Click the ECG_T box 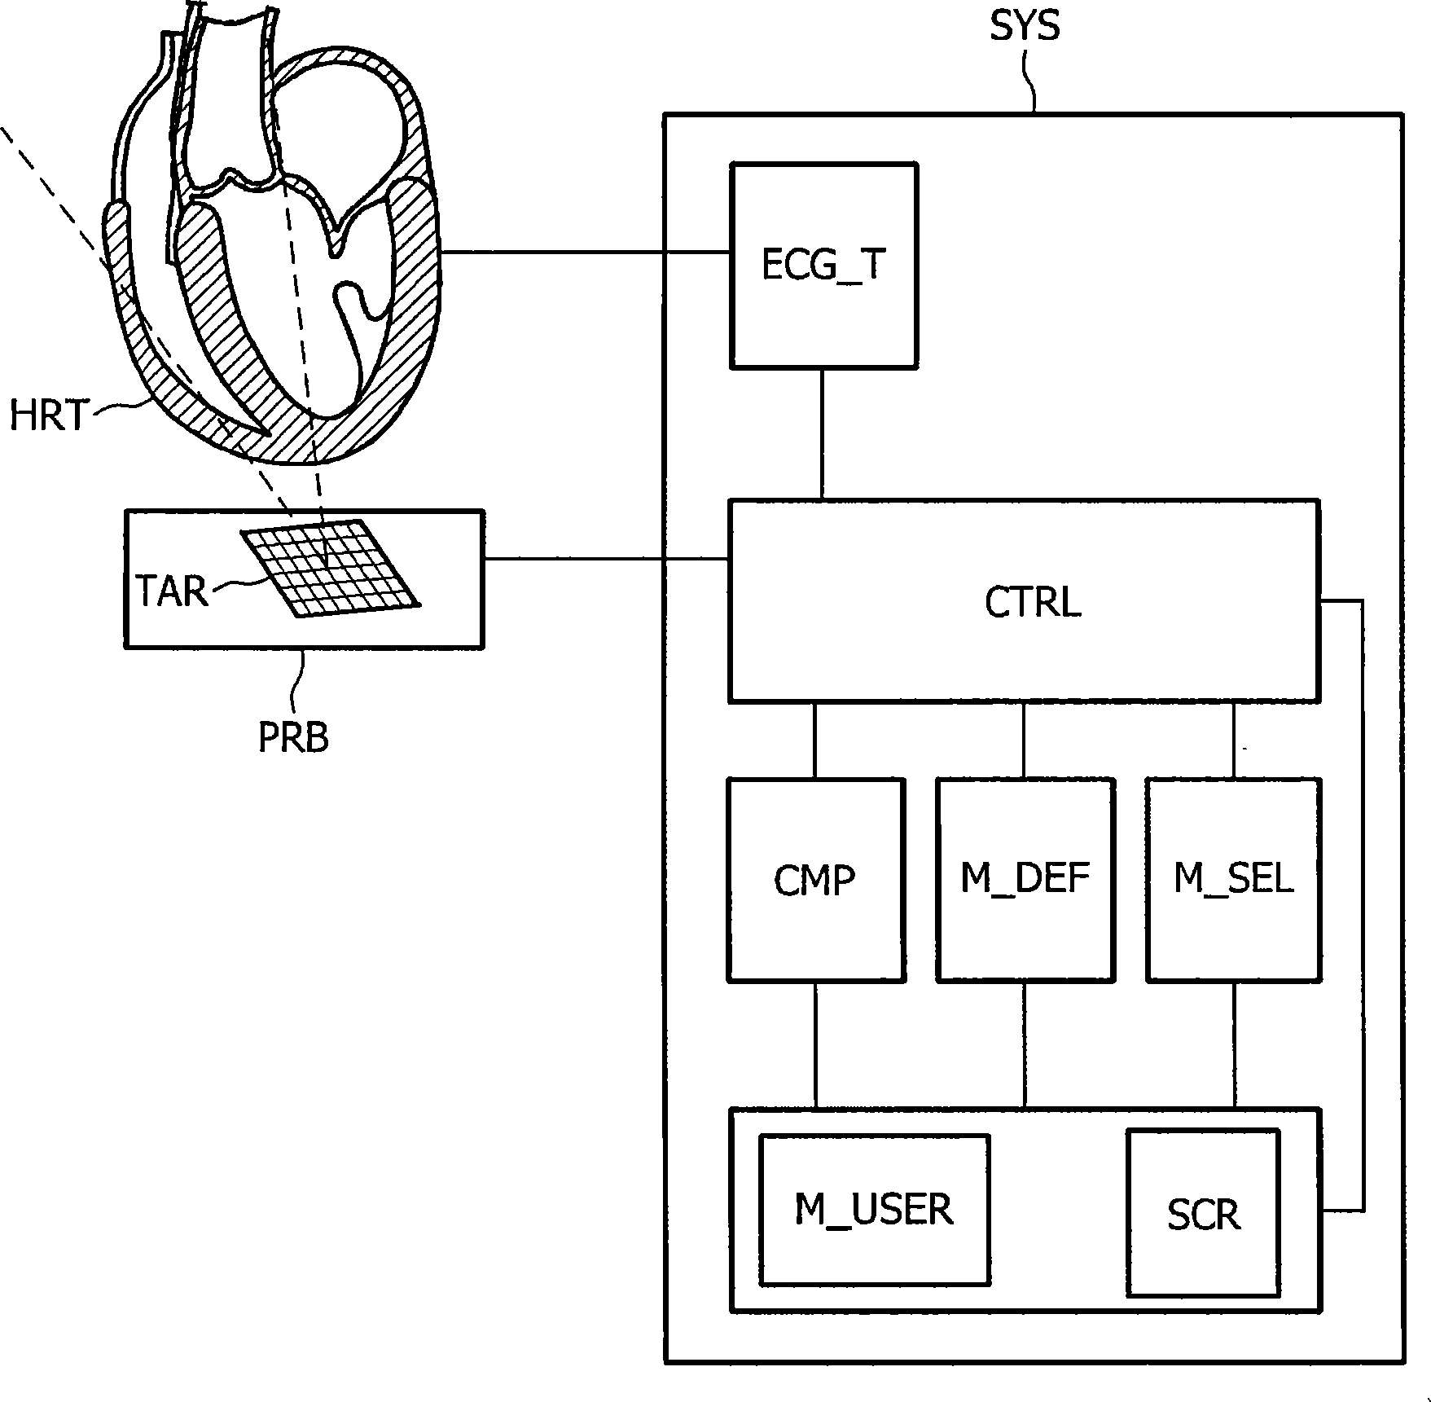824,266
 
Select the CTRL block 1024,601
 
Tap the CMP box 816,880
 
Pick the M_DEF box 1025,880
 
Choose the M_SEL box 1234,880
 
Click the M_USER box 875,1210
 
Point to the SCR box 1203,1212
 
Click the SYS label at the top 1025,26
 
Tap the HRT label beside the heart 47,415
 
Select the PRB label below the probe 293,738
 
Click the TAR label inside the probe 172,591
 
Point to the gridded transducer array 330,568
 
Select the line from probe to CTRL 606,559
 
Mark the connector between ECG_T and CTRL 823,434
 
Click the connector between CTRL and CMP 814,741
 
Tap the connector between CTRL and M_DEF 1024,741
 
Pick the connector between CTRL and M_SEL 1234,741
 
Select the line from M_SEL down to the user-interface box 1235,1045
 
